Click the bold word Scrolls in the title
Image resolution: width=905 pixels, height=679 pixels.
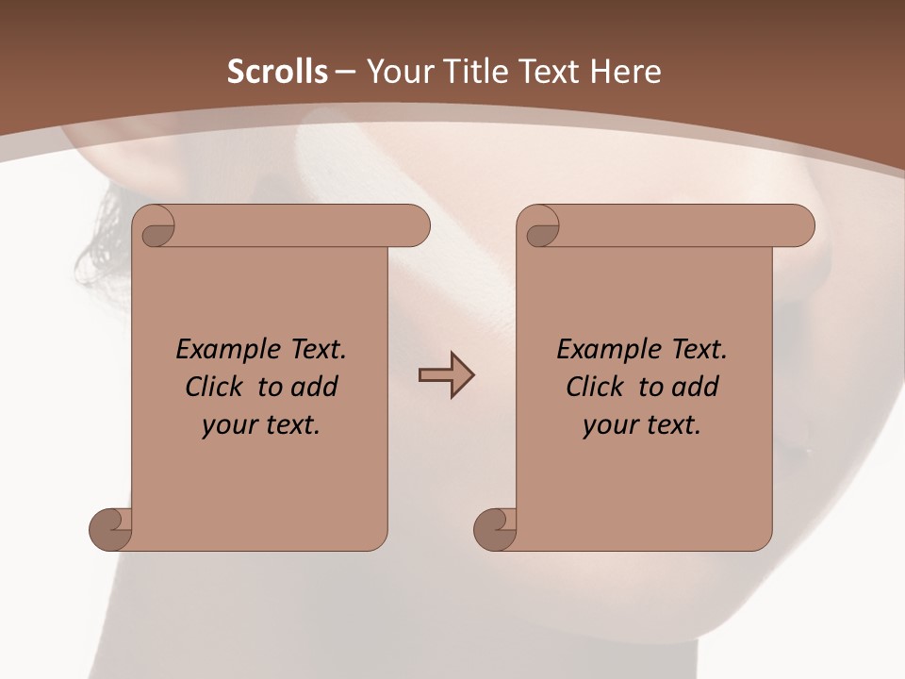coord(277,71)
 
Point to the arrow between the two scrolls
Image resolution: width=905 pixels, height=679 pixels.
coord(446,375)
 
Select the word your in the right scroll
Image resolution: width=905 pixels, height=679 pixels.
coord(609,425)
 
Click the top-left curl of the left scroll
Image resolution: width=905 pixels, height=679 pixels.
coord(155,230)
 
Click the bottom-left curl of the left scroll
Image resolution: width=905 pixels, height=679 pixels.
coord(110,529)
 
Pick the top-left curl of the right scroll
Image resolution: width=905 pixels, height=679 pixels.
coord(540,230)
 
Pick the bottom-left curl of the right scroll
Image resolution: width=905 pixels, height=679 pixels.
coord(495,529)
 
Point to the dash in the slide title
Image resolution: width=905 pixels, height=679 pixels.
coord(345,71)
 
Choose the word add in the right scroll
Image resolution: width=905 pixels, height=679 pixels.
coord(697,387)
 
